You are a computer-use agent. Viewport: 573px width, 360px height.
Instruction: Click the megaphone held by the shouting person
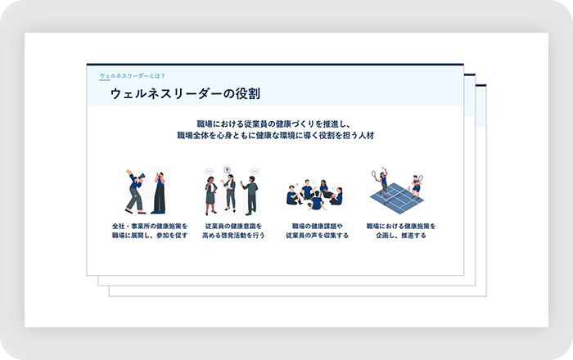pos(140,178)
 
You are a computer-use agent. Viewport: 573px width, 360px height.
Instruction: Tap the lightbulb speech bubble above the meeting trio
pos(228,170)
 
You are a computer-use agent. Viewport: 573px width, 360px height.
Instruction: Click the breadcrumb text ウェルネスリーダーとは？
pos(133,76)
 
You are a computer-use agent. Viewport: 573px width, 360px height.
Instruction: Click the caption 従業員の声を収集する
pos(318,236)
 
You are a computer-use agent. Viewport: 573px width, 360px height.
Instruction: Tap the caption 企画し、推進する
pos(401,236)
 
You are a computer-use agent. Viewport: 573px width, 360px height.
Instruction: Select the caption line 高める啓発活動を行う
pos(233,236)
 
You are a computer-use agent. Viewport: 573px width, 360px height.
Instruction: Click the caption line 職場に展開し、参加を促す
pos(150,236)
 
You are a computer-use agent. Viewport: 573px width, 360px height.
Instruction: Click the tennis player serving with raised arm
pos(381,182)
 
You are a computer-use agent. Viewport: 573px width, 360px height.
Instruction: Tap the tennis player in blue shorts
pos(417,187)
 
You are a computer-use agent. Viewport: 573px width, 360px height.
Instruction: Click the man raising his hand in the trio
pos(250,196)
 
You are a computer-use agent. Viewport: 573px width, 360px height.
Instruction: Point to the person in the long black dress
pos(160,193)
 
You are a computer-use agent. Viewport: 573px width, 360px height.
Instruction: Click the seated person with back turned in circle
pos(316,200)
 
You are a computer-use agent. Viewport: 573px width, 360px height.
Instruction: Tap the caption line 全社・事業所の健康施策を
pos(150,227)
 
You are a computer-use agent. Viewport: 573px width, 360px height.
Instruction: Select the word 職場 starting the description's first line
pos(205,124)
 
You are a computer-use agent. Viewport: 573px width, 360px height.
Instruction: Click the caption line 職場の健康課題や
pos(318,227)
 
